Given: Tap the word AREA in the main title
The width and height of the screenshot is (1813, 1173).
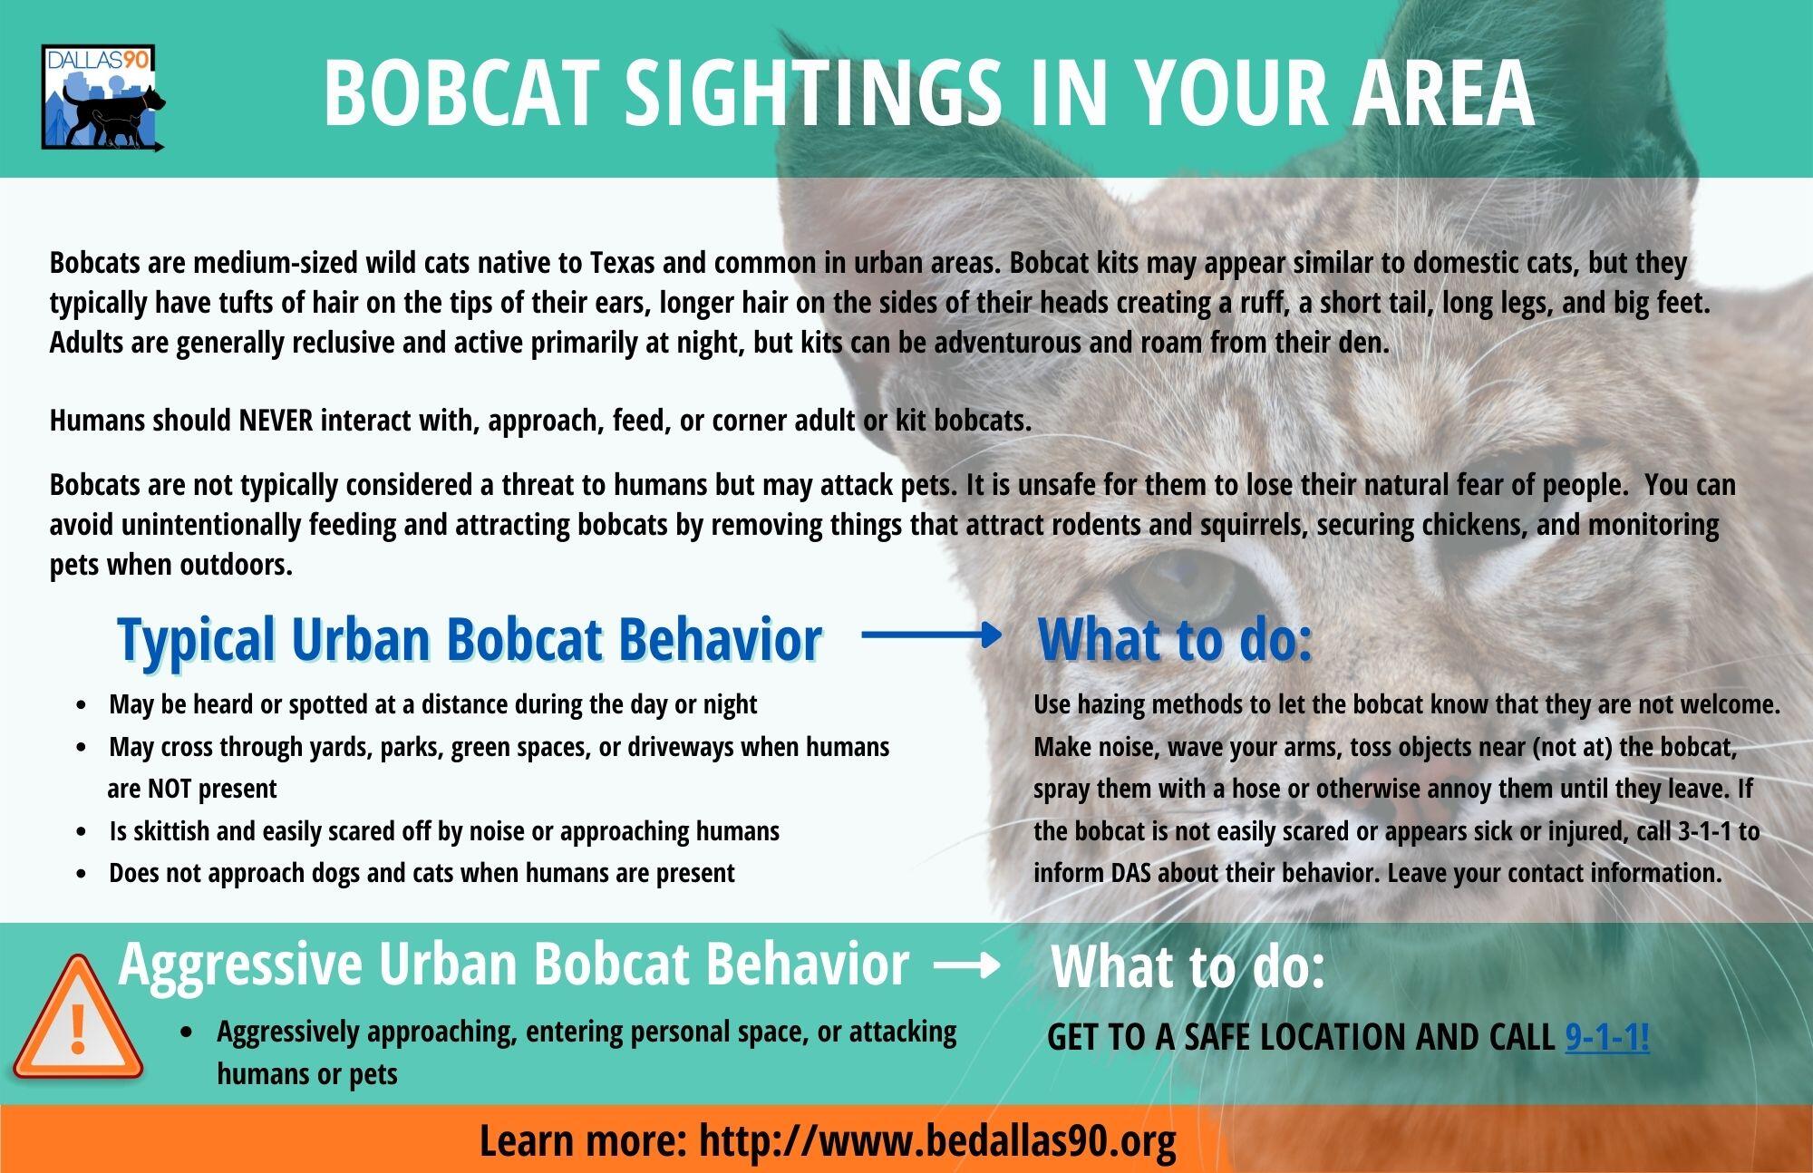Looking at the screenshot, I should point(1442,92).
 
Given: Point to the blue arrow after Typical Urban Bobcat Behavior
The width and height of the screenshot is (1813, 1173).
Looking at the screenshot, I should point(931,635).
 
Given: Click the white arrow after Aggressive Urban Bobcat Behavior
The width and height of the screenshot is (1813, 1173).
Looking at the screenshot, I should point(966,966).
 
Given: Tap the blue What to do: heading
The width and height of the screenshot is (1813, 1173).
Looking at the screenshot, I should point(1175,639).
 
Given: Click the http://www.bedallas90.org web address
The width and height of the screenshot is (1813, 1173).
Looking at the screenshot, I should point(937,1140).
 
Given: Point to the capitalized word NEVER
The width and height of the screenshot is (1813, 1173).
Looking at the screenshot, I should point(276,421).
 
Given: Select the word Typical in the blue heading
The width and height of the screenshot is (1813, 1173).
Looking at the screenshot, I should point(196,639).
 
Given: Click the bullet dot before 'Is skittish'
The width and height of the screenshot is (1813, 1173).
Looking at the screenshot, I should point(83,832).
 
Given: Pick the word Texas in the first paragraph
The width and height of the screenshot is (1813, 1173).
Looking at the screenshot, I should point(623,263).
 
